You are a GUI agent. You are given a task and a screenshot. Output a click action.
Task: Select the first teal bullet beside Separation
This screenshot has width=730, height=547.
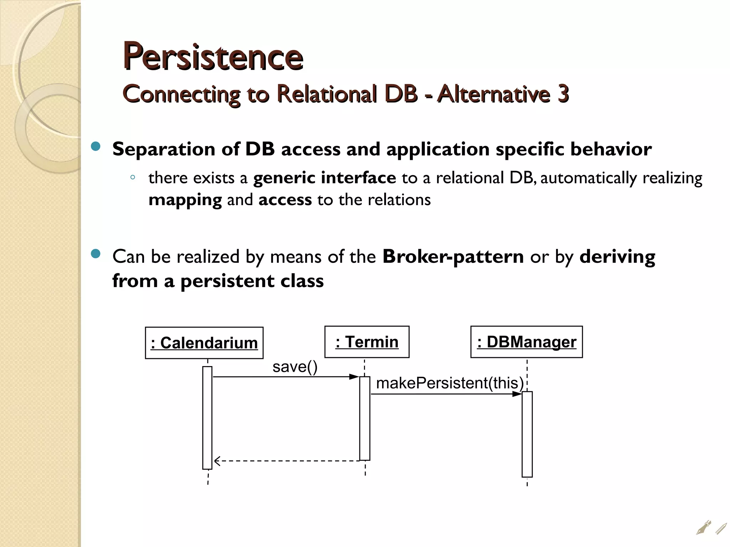[96, 146]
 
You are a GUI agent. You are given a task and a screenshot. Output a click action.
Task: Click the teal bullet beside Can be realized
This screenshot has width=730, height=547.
[96, 254]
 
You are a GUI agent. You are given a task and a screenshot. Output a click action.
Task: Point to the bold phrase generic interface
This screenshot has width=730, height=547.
[324, 178]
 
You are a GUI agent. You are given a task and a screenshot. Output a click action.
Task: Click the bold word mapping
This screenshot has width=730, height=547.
[185, 200]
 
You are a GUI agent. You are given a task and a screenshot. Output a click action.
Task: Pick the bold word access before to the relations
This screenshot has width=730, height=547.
[285, 200]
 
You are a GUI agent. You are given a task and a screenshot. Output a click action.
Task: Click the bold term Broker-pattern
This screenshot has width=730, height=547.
[453, 256]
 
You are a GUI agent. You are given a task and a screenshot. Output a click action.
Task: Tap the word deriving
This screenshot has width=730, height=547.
[617, 256]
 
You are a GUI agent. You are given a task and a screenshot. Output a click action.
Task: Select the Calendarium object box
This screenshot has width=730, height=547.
[204, 343]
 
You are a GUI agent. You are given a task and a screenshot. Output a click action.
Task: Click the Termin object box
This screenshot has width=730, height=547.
[367, 342]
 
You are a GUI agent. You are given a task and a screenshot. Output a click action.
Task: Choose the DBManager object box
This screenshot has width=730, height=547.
[526, 342]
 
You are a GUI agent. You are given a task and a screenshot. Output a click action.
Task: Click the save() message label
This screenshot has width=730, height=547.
[295, 367]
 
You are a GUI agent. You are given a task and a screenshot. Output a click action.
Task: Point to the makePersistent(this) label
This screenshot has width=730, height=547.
[449, 383]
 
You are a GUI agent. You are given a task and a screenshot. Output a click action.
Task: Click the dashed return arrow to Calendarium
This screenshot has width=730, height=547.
[285, 461]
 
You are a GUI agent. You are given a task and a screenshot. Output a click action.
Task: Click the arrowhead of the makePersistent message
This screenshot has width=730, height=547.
[517, 394]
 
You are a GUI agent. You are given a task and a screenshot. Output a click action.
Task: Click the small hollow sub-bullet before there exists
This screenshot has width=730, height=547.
[133, 177]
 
